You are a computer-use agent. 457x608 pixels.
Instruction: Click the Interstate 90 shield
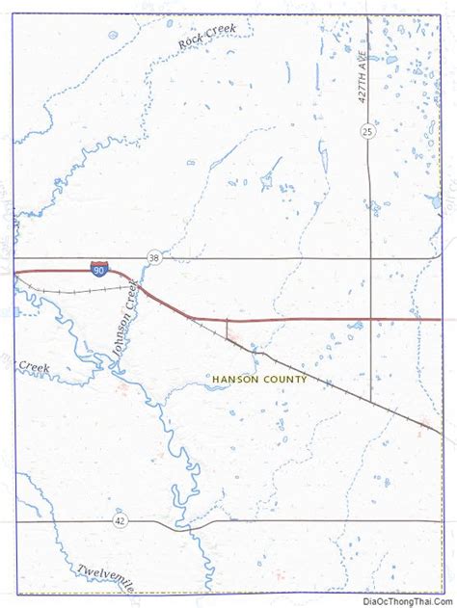(98, 269)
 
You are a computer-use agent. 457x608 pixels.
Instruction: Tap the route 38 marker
(154, 255)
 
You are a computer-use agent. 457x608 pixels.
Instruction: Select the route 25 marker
(368, 130)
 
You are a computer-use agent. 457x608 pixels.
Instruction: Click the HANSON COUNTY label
(259, 380)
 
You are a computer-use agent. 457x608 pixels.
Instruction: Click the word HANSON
(234, 380)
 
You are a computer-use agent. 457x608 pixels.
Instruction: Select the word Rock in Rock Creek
(188, 42)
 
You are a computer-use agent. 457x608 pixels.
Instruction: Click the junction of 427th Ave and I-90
(371, 319)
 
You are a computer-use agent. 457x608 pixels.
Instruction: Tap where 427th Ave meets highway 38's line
(371, 259)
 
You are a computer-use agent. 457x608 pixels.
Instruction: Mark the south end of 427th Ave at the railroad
(371, 399)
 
